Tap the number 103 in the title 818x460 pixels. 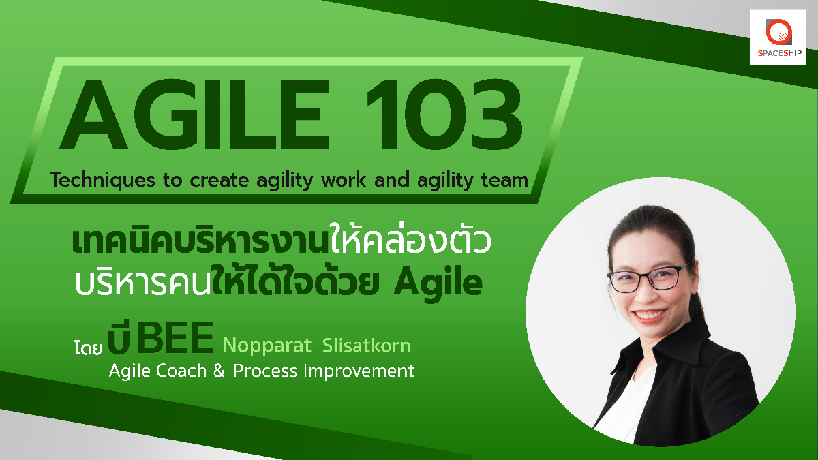coord(444,114)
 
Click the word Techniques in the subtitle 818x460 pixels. coord(102,180)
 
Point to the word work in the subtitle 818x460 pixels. coord(344,180)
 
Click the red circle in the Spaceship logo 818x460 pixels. coord(779,33)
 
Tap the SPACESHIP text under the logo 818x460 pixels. coord(780,53)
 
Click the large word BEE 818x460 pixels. coord(175,338)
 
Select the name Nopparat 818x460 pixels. coord(267,346)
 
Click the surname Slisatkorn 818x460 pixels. coord(366,345)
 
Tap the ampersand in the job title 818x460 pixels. coord(218,371)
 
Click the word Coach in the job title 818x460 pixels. coord(181,371)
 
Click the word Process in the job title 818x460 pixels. coord(265,371)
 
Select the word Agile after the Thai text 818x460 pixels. coord(438,283)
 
